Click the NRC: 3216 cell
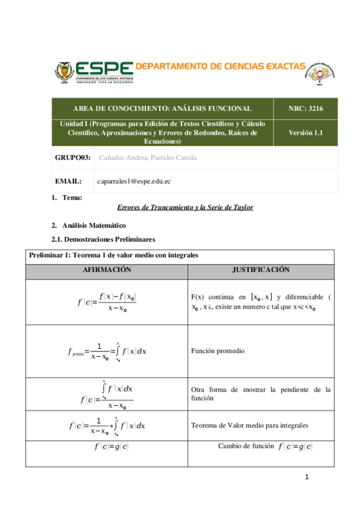pyautogui.click(x=306, y=108)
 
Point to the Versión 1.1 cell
pyautogui.click(x=306, y=133)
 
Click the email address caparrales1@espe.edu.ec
pyautogui.click(x=138, y=180)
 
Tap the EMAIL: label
pyautogui.click(x=68, y=180)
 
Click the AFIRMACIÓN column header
pyautogui.click(x=107, y=271)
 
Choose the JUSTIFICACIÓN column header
pyautogui.click(x=261, y=271)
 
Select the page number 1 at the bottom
pyautogui.click(x=307, y=477)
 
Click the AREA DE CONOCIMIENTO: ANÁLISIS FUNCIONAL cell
pyautogui.click(x=162, y=108)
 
